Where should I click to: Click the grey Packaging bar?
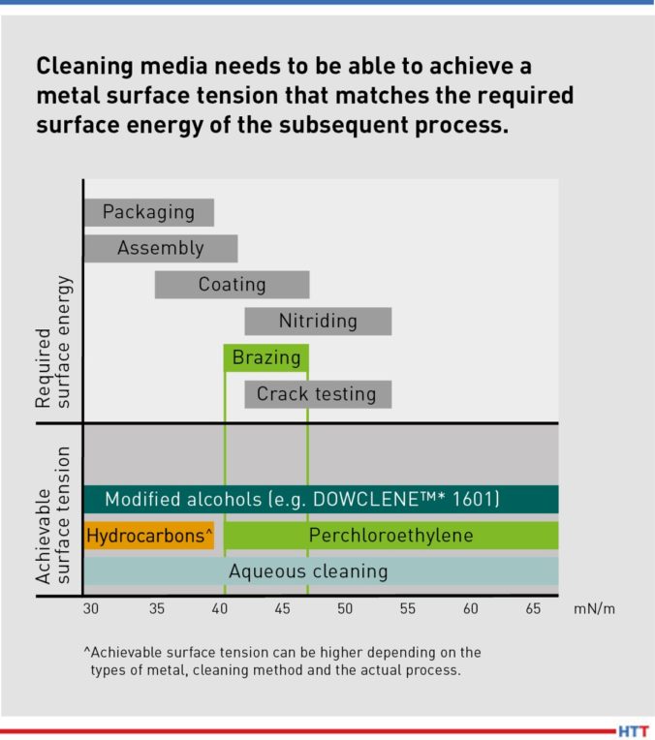(x=148, y=212)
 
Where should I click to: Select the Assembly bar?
(x=160, y=248)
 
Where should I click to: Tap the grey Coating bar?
(x=232, y=284)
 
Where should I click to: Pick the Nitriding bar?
(x=318, y=321)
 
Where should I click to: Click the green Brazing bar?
(x=266, y=357)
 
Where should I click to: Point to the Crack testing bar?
(x=317, y=394)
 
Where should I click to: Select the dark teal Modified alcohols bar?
(x=320, y=499)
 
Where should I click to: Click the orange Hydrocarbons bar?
(x=149, y=535)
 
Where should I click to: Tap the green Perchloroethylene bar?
(x=390, y=535)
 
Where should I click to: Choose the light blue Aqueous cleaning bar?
(x=320, y=571)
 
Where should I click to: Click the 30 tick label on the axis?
(x=90, y=609)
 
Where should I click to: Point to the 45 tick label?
(x=282, y=609)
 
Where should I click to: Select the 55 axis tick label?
(x=408, y=609)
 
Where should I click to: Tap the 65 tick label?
(x=534, y=609)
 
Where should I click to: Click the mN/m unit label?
(x=595, y=609)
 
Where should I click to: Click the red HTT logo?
(x=633, y=730)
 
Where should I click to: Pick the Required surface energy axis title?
(x=54, y=340)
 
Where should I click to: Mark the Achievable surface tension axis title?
(x=54, y=514)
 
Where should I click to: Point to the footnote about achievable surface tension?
(x=282, y=661)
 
